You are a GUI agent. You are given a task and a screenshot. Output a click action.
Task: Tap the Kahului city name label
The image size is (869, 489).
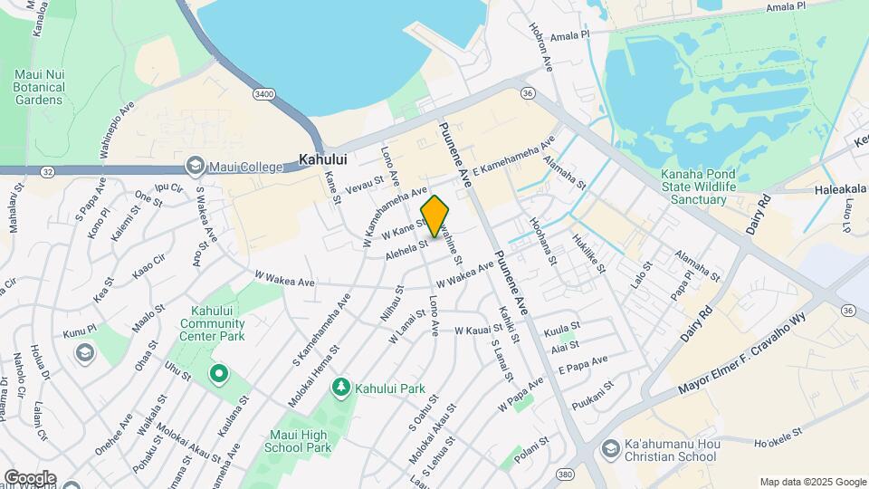click(x=324, y=158)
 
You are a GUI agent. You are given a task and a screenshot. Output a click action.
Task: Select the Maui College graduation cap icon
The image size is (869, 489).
click(x=195, y=166)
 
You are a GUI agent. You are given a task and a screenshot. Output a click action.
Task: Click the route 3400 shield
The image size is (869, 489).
click(x=264, y=93)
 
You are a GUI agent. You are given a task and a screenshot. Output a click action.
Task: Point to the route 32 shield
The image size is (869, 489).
click(x=47, y=171)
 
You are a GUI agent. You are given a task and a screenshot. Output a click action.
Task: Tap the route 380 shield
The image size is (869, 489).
click(x=566, y=474)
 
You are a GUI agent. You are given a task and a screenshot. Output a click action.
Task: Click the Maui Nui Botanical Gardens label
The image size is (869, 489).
click(x=40, y=87)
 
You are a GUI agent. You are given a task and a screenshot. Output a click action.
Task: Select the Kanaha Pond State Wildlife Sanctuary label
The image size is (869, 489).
click(x=694, y=186)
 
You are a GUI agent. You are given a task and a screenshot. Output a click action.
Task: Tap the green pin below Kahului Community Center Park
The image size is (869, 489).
click(x=218, y=372)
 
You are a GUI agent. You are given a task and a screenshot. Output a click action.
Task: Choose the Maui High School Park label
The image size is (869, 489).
click(x=292, y=441)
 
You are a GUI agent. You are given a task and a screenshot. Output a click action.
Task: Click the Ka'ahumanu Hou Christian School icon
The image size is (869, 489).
click(x=610, y=449)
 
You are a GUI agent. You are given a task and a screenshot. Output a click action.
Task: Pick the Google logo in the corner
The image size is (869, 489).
click(x=30, y=478)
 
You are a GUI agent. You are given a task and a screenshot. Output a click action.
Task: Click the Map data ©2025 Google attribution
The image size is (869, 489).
click(x=812, y=482)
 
